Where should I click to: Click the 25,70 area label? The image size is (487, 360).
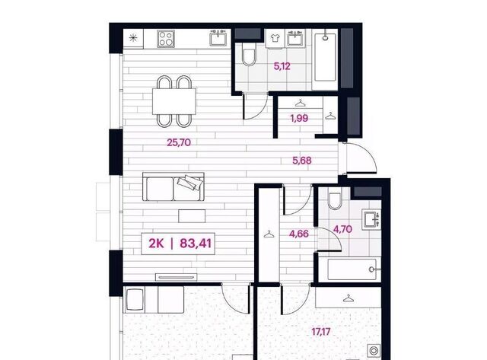point(179,142)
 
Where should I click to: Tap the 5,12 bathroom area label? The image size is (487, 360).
point(282,66)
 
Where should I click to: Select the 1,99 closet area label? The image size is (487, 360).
point(299,118)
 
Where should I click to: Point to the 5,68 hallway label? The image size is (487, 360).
point(302,161)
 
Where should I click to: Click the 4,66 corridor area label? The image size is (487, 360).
point(299,234)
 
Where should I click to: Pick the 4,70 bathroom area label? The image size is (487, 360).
point(342,229)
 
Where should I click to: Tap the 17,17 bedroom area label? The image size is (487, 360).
point(321,332)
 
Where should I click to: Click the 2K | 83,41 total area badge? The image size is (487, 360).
point(178,244)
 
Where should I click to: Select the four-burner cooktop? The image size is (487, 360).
point(166,39)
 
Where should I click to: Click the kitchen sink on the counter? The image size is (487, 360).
point(220,38)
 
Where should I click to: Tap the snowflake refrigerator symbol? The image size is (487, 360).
point(133,38)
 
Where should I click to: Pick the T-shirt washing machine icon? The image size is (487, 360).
point(275,38)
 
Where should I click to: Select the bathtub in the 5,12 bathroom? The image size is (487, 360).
point(325,58)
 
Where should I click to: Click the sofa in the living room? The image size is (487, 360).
point(173,186)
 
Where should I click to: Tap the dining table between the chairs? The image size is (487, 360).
point(174,101)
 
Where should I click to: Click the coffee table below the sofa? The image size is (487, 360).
point(192,216)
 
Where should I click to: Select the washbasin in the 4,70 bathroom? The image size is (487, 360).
point(371,219)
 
